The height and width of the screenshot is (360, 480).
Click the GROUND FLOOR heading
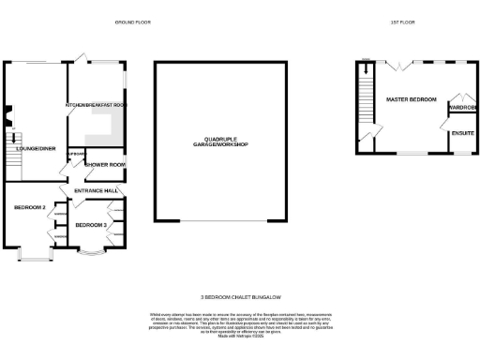click(x=132, y=21)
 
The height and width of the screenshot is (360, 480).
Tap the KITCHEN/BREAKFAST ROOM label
click(x=95, y=106)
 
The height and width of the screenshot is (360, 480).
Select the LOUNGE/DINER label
click(x=34, y=147)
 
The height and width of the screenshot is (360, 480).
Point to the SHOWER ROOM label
click(x=104, y=165)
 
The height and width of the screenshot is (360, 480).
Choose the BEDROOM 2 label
click(x=29, y=207)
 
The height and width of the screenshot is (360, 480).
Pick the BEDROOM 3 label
click(x=92, y=225)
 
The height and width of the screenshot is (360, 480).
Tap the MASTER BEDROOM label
click(x=411, y=98)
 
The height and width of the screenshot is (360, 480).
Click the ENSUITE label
click(x=461, y=134)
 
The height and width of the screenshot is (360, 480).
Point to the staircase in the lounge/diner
click(x=13, y=155)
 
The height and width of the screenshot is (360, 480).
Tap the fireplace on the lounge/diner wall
click(x=7, y=117)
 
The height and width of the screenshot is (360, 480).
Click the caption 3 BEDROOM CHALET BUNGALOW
click(x=239, y=293)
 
